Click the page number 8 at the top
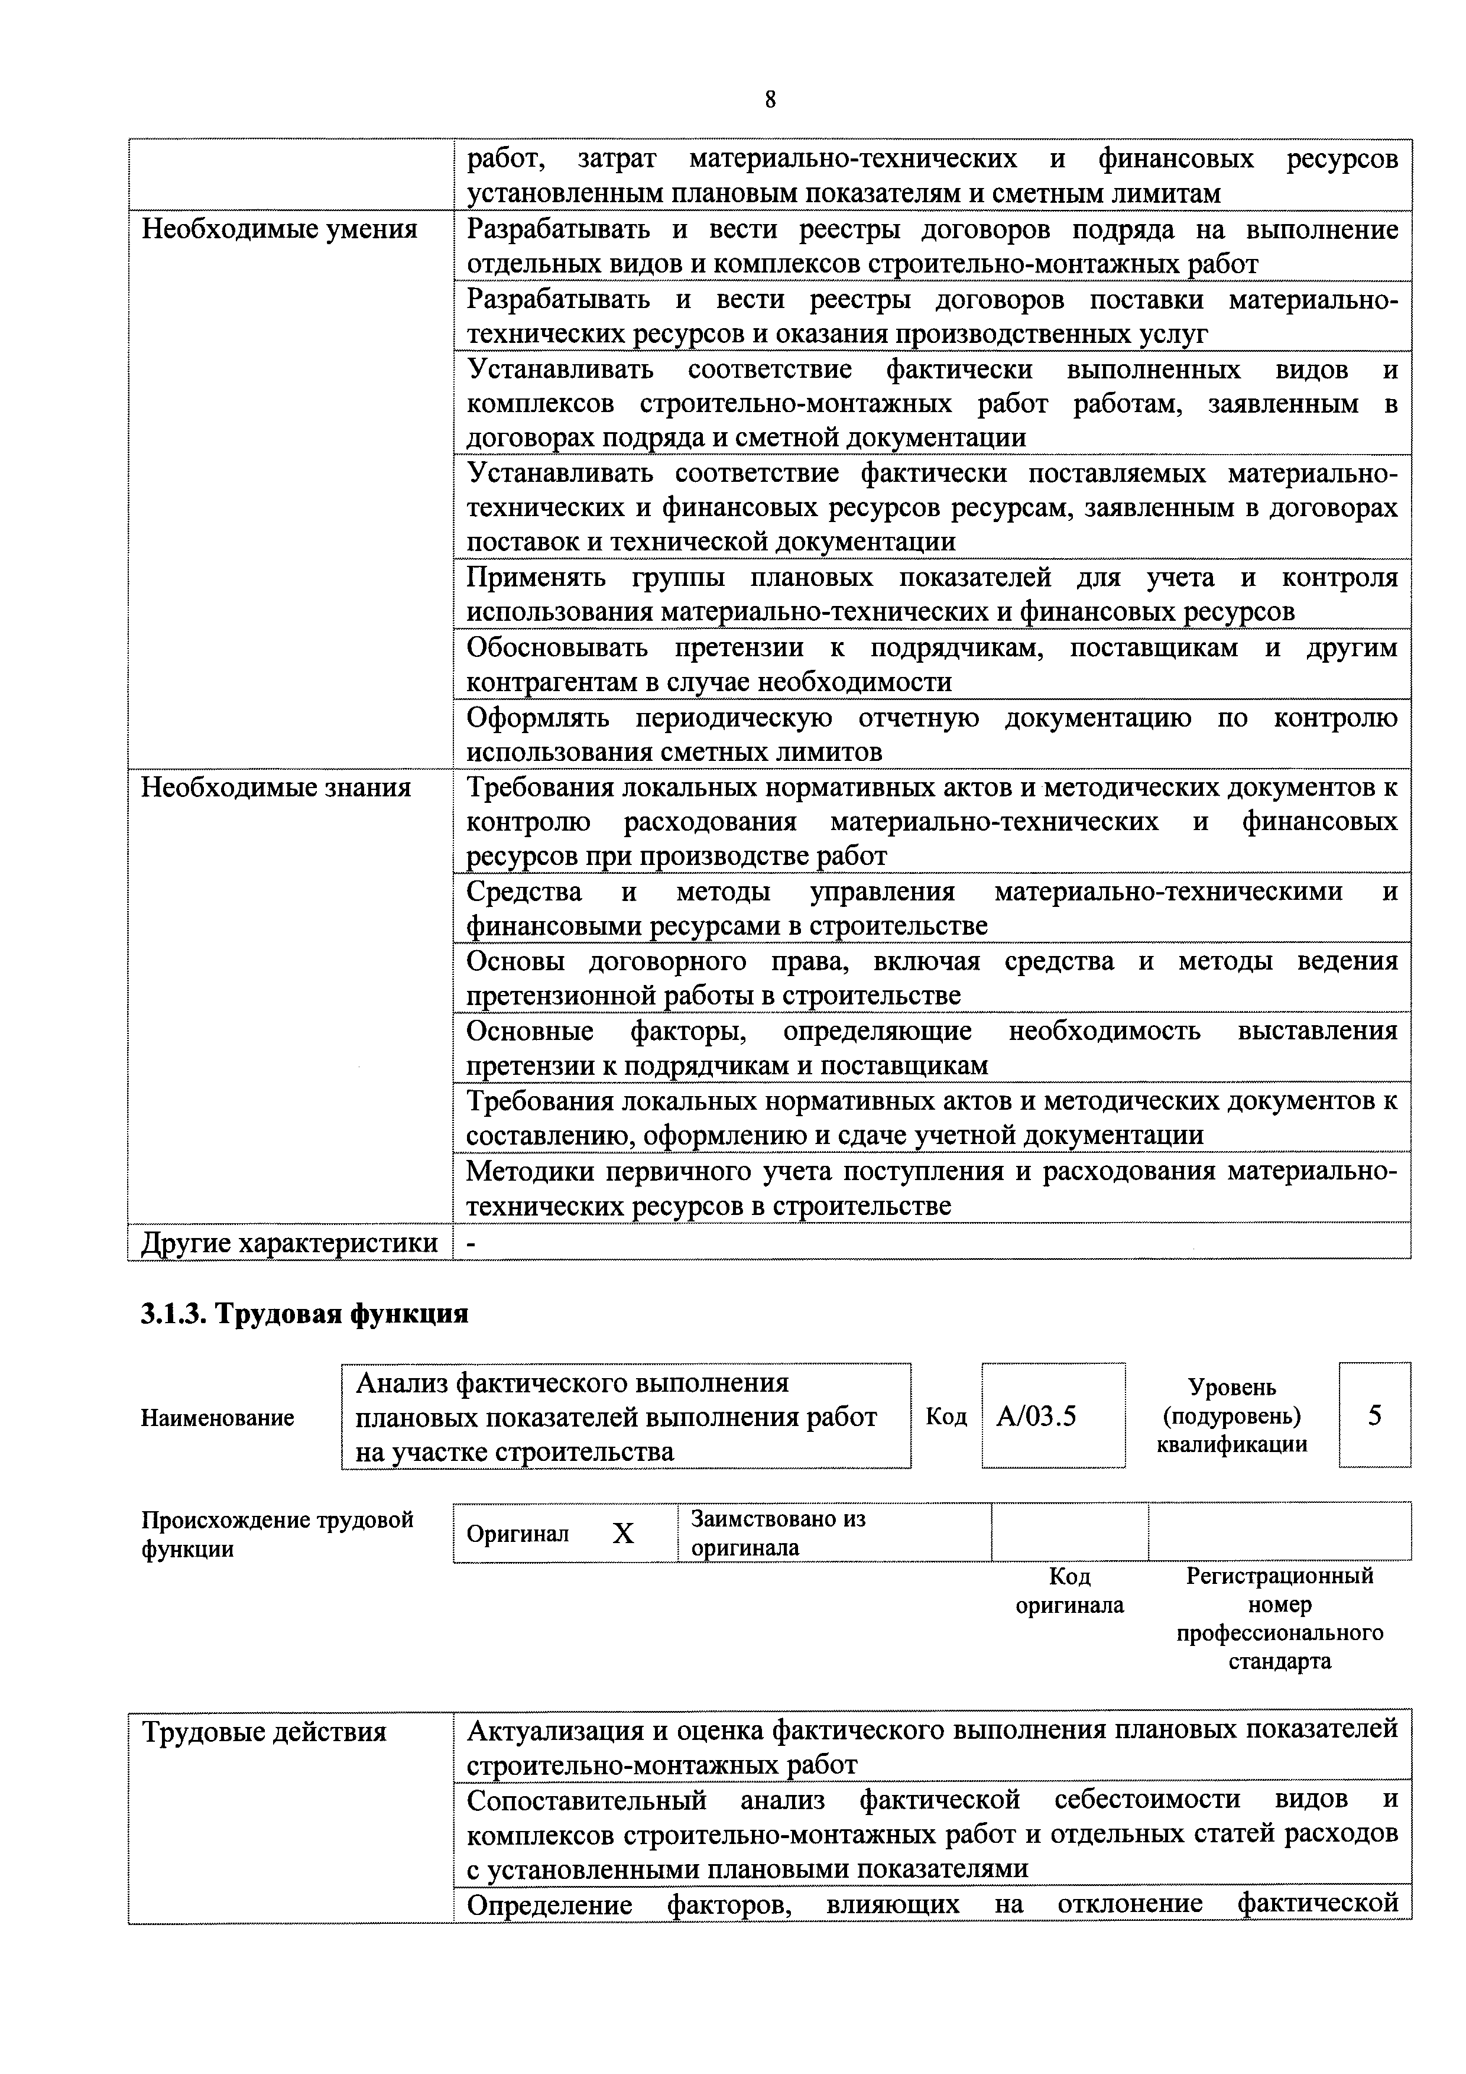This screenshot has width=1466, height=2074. pyautogui.click(x=770, y=99)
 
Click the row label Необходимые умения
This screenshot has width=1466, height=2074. pyautogui.click(x=280, y=229)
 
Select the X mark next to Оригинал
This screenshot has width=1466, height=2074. pyautogui.click(x=623, y=1533)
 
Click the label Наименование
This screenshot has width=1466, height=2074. pyautogui.click(x=217, y=1418)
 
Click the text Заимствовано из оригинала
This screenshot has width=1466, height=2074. pyautogui.click(x=778, y=1533)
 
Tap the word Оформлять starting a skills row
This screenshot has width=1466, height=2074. pyautogui.click(x=539, y=718)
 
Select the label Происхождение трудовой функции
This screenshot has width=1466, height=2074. pyautogui.click(x=277, y=1534)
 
